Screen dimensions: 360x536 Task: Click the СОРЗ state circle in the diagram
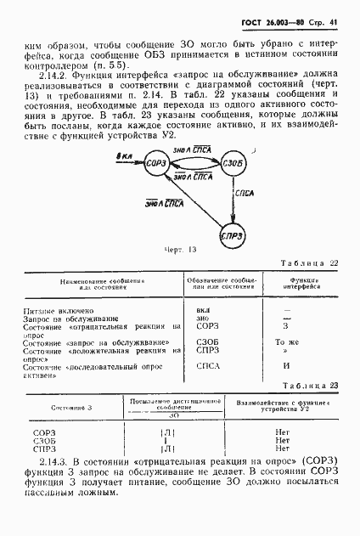tap(155, 186)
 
